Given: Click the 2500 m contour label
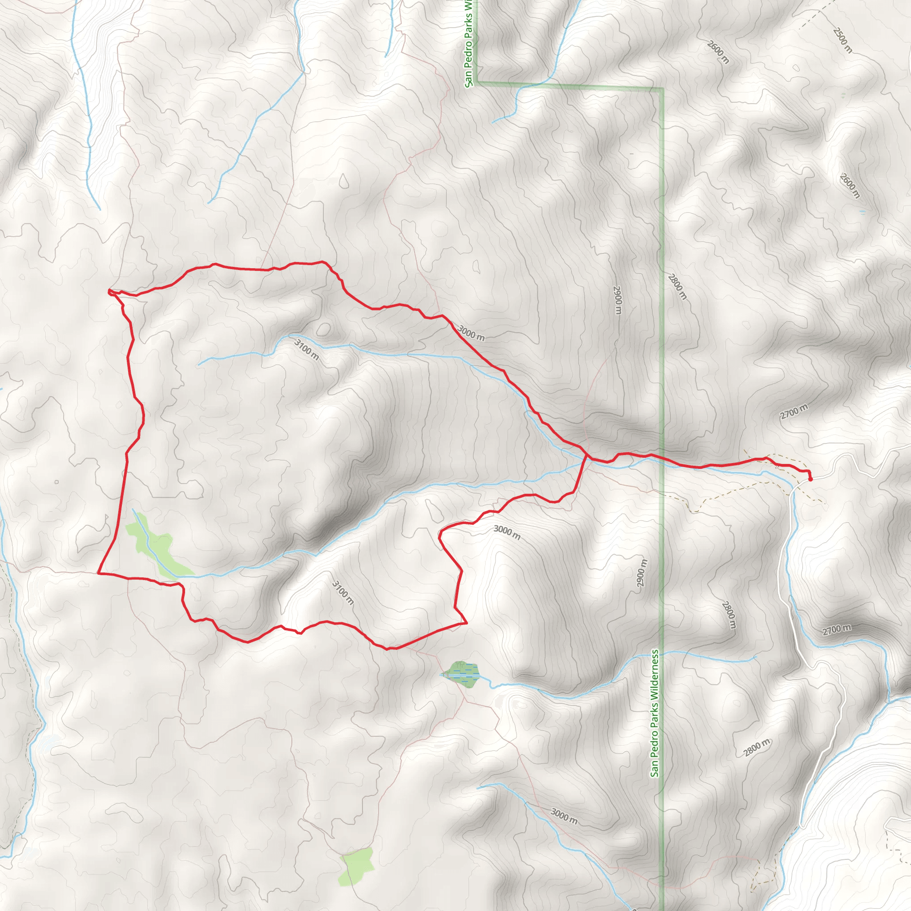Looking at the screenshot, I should (842, 40).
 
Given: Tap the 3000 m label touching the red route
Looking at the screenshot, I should (471, 333).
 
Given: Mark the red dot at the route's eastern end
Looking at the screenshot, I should (810, 480).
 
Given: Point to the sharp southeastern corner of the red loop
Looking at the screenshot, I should (466, 623).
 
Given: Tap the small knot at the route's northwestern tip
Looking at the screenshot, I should (110, 292).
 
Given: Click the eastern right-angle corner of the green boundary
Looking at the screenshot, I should (662, 89).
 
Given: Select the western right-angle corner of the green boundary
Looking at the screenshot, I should (477, 83).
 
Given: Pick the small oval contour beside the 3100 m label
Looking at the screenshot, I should (323, 330).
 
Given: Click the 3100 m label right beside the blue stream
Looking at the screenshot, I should (306, 349).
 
